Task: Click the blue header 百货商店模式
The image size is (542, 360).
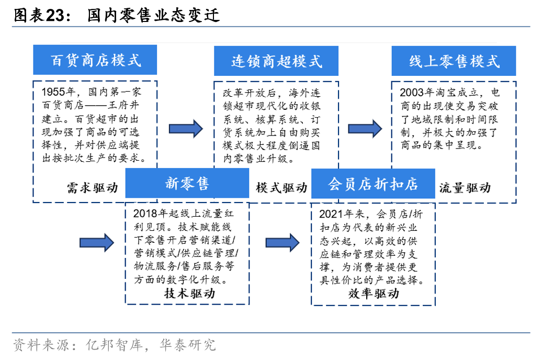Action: (x=96, y=60)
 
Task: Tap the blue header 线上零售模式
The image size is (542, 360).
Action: (x=454, y=61)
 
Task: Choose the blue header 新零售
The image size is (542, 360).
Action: (x=187, y=183)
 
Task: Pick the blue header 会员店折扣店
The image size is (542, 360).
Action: (x=372, y=183)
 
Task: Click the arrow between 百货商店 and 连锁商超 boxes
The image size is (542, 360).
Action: (x=186, y=128)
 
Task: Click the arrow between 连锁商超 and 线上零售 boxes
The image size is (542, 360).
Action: (x=365, y=128)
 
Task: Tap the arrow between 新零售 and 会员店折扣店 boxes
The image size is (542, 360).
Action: (x=283, y=242)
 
